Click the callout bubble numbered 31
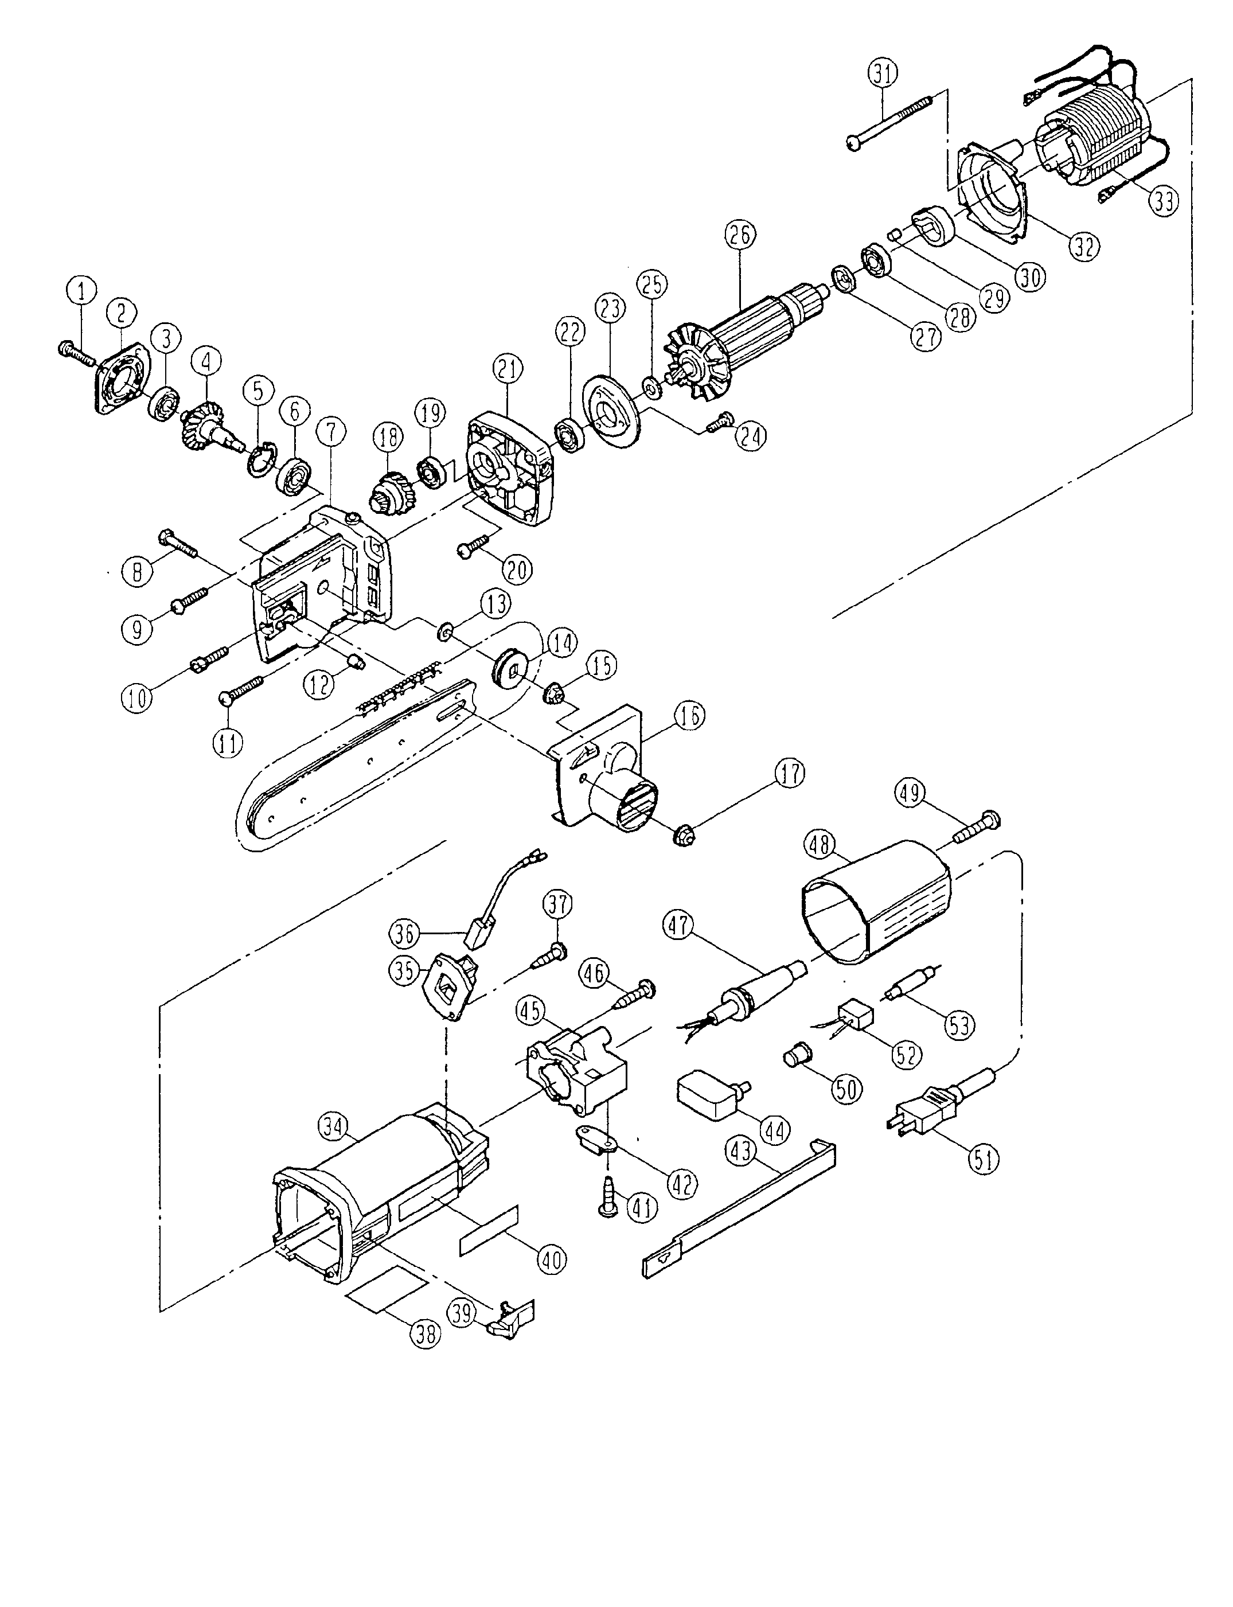pyautogui.click(x=883, y=74)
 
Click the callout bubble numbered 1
pyautogui.click(x=82, y=291)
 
